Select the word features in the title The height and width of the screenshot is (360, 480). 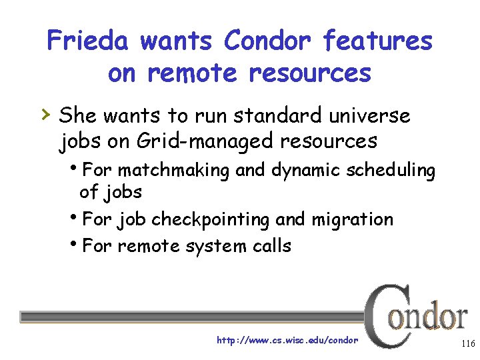pyautogui.click(x=377, y=41)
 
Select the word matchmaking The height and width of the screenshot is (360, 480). pyautogui.click(x=173, y=170)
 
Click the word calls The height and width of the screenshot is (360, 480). pyautogui.click(x=271, y=246)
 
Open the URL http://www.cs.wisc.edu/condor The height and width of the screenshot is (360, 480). pyautogui.click(x=287, y=340)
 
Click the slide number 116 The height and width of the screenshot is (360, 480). pyautogui.click(x=467, y=343)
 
